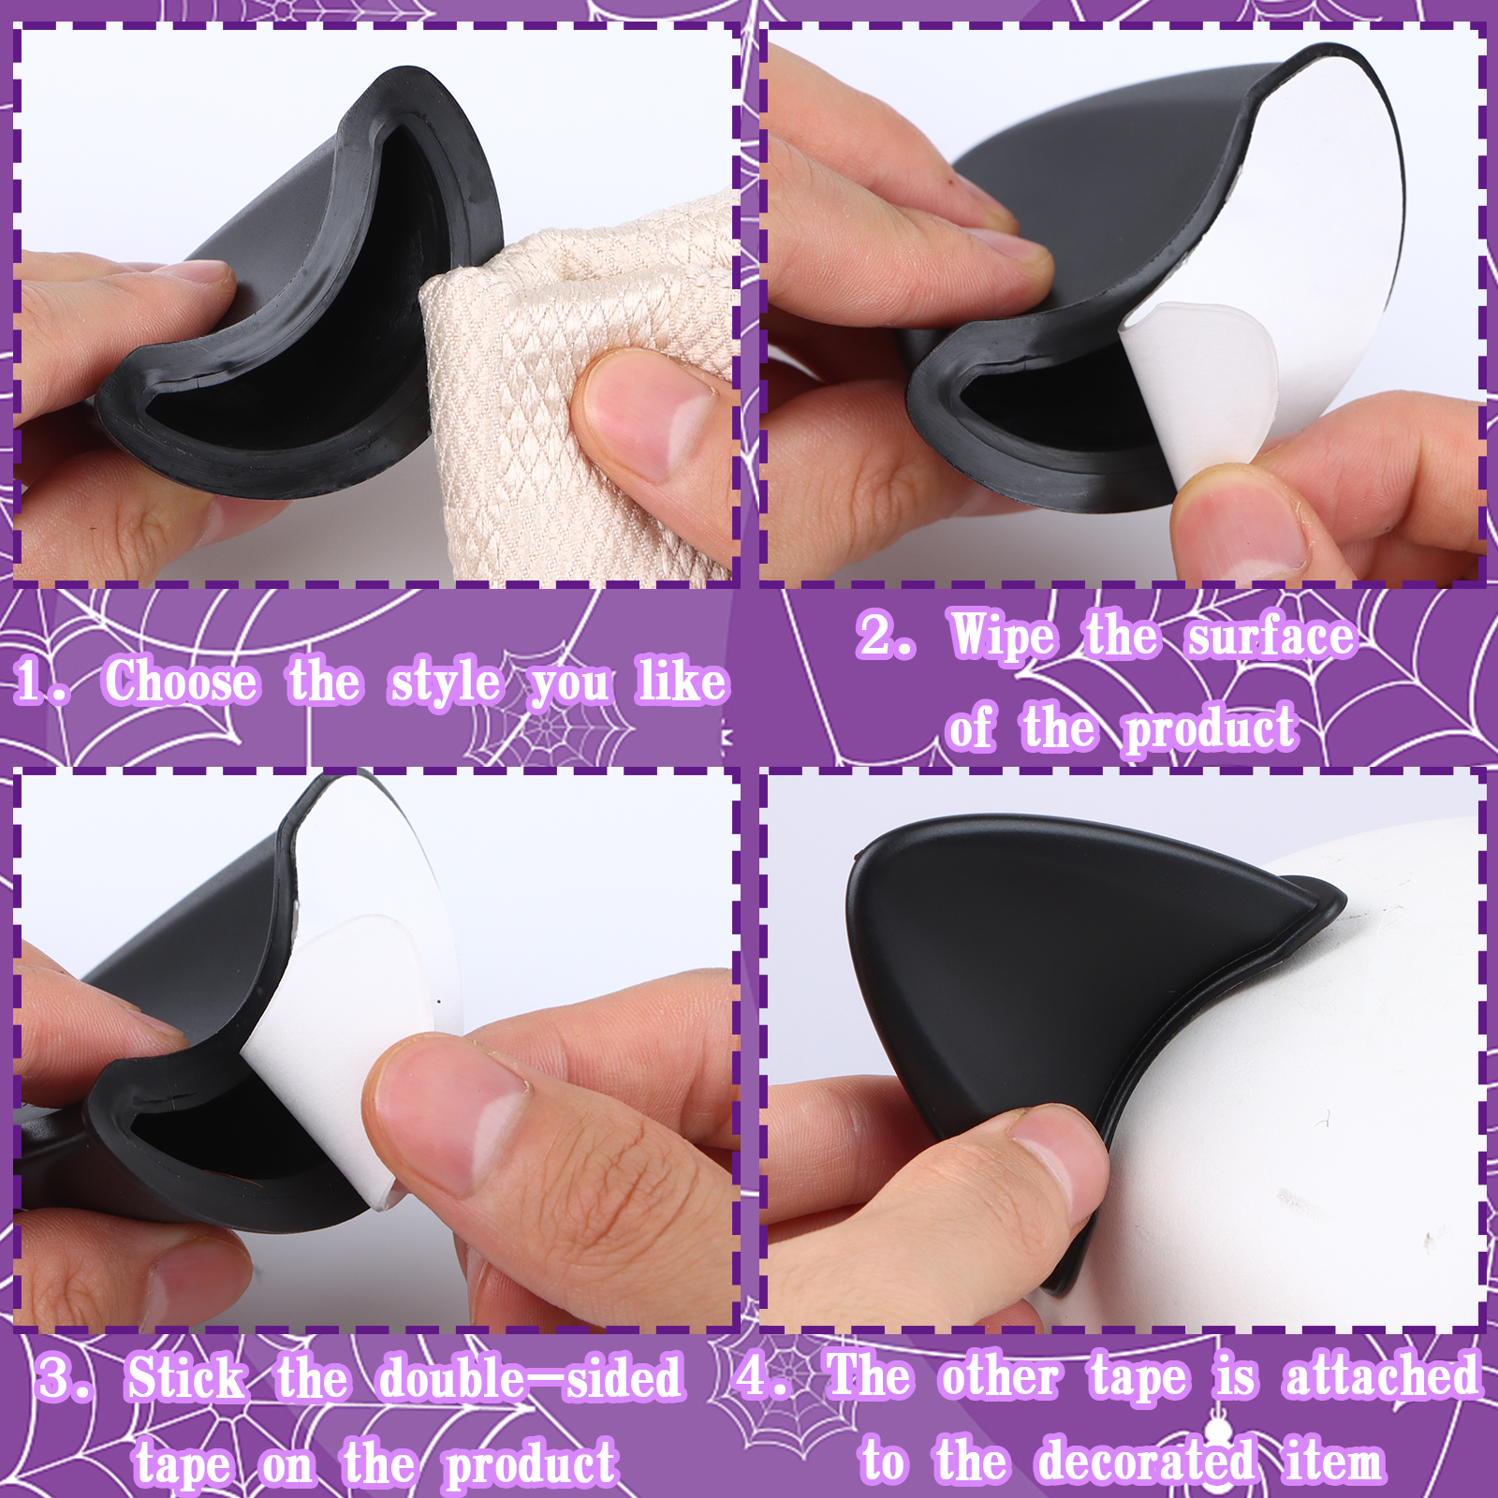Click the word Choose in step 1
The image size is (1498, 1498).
(181, 681)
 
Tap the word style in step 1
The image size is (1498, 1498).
(446, 683)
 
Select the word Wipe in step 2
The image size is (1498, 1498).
(1003, 637)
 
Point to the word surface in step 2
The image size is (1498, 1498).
(1270, 637)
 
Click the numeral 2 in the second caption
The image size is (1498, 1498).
(875, 635)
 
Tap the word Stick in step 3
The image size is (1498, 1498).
(186, 1378)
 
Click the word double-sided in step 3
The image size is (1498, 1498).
(531, 1378)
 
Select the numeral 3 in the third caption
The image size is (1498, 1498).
(58, 1379)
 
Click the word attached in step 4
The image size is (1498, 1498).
(1383, 1376)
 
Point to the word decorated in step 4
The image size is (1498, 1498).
(1145, 1461)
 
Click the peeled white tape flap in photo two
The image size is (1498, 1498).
(1194, 393)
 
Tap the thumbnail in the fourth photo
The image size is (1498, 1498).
(1058, 1161)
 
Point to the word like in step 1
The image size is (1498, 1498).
(683, 681)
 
